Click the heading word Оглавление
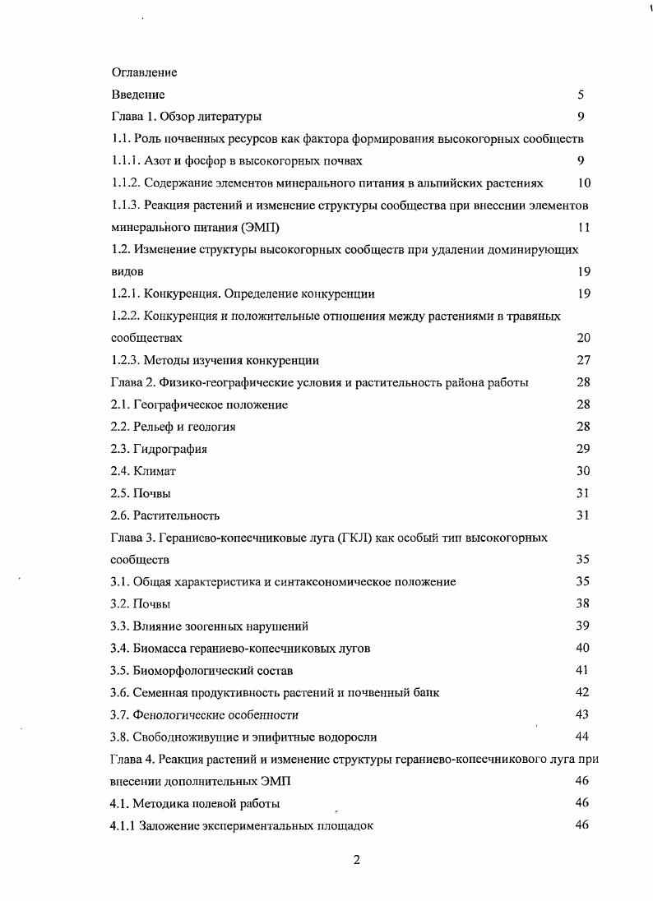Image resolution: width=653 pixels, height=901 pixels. point(144,72)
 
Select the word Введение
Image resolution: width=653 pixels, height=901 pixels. point(138,95)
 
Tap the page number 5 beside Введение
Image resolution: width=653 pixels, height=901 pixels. point(581,95)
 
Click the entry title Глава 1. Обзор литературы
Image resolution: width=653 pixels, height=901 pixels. point(187,117)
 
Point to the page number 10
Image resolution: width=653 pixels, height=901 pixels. point(583,183)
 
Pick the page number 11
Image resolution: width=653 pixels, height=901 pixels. point(583,228)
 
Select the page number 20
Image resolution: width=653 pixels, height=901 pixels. point(583,338)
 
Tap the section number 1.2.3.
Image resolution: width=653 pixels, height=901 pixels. point(125,360)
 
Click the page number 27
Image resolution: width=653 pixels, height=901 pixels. point(583,360)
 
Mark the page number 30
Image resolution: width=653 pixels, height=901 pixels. point(583,471)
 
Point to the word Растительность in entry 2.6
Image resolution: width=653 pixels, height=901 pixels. point(177,515)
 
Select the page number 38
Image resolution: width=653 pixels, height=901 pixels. point(583,604)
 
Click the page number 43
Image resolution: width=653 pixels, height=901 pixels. point(583,714)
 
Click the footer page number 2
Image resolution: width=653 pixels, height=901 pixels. point(356,860)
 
